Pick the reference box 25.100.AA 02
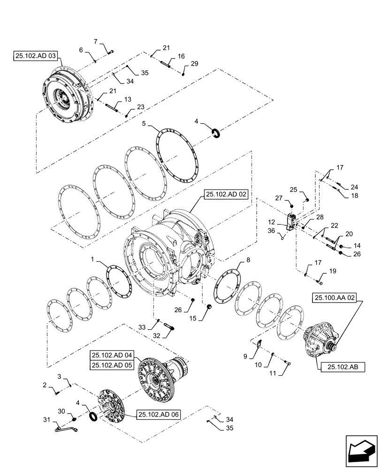(x=336, y=297)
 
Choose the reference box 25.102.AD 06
(x=159, y=414)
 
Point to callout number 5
(x=145, y=124)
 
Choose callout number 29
(x=194, y=63)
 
